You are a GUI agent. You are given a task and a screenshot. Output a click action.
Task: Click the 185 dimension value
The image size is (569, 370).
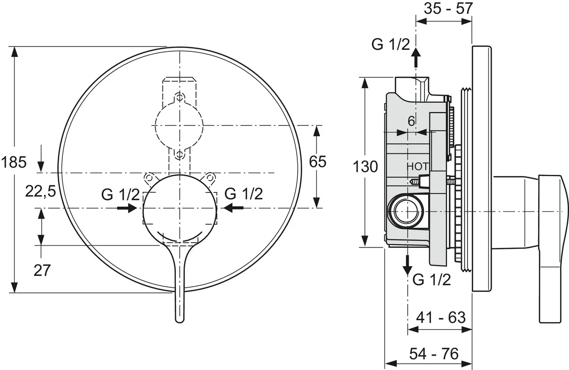14,162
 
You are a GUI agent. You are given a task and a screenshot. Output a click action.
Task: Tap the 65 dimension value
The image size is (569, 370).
318,161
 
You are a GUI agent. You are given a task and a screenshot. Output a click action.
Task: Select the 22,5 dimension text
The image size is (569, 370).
40,191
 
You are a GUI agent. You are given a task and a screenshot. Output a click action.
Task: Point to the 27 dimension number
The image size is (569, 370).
42,270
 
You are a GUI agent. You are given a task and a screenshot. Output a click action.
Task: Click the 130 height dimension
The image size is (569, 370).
365,167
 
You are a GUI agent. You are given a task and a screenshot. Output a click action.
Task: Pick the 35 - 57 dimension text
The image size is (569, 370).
448,9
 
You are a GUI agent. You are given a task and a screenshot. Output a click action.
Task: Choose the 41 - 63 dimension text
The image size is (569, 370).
441,317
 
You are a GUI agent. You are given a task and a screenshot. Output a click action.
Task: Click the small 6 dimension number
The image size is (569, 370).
411,121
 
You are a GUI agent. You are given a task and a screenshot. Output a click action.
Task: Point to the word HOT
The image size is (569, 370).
418,166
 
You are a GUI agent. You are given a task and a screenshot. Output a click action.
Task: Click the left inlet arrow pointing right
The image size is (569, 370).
127,208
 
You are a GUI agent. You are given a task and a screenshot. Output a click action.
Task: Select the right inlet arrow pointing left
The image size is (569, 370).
234,208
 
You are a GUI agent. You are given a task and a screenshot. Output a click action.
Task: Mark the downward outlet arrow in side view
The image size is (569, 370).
408,265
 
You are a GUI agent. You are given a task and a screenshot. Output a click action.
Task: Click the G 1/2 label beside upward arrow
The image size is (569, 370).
391,45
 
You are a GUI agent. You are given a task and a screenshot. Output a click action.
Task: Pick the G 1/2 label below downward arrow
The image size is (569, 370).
432,280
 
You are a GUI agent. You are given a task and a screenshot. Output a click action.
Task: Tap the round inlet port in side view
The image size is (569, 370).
406,211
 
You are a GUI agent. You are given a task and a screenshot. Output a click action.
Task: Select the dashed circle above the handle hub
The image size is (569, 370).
179,125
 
